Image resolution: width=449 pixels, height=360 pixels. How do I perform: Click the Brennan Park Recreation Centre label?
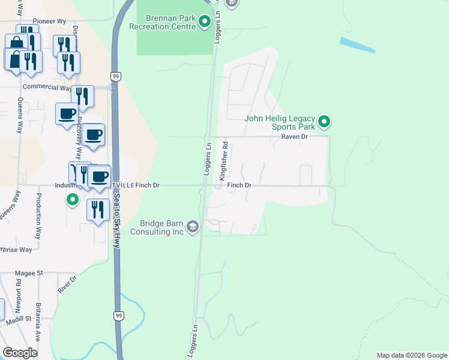point(163,23)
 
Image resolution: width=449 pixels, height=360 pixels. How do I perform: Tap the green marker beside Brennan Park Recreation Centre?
point(204,23)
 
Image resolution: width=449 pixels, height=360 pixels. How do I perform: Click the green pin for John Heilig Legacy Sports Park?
point(324,122)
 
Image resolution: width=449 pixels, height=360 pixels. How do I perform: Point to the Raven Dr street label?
point(295,137)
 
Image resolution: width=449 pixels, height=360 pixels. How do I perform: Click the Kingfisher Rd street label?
point(223,161)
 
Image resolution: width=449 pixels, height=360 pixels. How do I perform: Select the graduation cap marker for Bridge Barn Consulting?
point(192,226)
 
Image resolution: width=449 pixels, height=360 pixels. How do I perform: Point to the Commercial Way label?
point(47,86)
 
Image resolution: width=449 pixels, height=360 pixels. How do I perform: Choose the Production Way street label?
point(38,208)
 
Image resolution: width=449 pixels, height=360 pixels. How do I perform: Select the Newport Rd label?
point(19,291)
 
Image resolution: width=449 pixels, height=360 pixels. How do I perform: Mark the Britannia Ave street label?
point(37,322)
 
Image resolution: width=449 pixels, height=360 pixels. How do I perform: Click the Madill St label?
point(19,318)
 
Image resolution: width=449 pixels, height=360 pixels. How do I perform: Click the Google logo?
point(20,353)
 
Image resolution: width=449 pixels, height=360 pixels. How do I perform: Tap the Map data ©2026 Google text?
point(411,355)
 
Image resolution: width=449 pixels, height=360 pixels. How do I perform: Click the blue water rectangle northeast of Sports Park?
point(357,46)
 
